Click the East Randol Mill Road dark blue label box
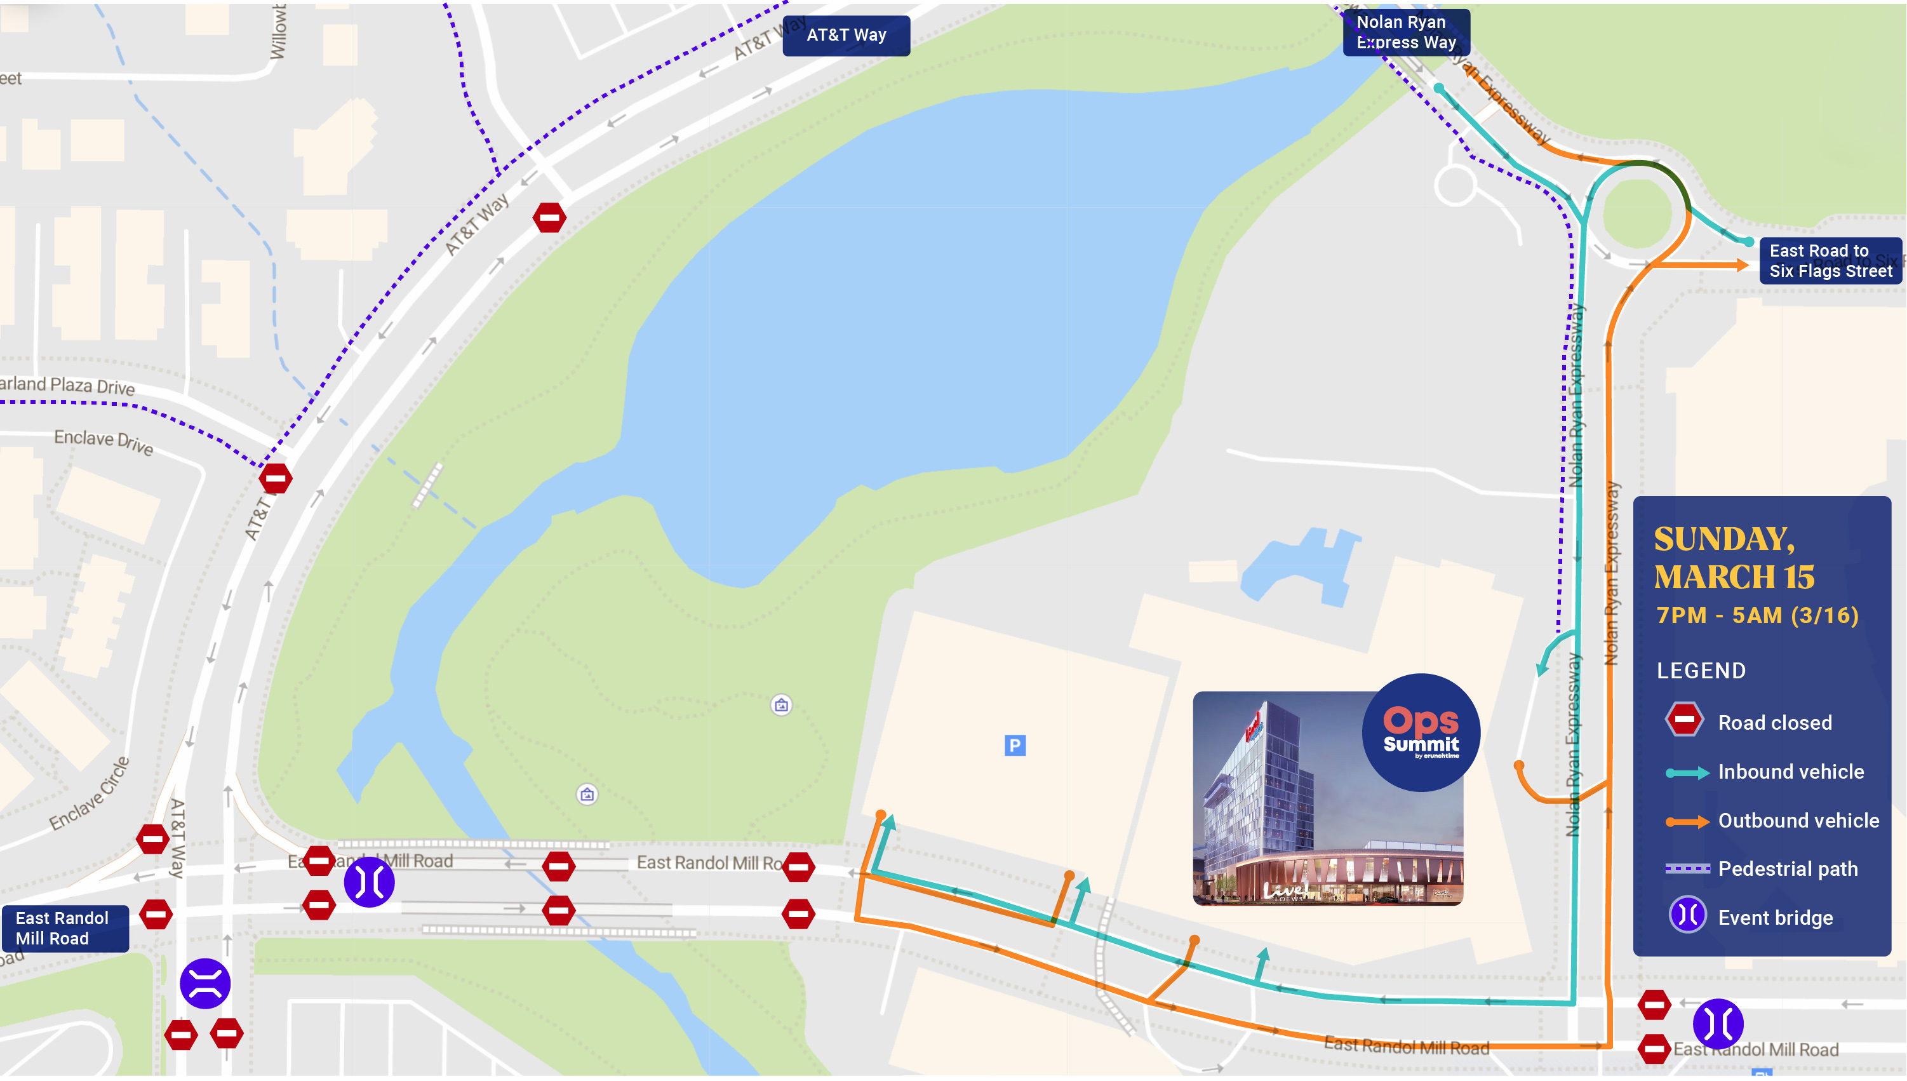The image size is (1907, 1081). [x=65, y=928]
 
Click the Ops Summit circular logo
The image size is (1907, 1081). [x=1420, y=732]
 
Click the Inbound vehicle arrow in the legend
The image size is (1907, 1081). [x=1687, y=772]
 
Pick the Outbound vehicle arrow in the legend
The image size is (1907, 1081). [x=1687, y=821]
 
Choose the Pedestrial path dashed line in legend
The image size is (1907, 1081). [x=1687, y=868]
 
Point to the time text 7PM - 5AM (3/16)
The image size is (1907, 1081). [x=1757, y=615]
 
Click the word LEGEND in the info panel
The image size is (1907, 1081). [x=1701, y=671]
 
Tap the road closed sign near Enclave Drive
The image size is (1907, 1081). [x=276, y=478]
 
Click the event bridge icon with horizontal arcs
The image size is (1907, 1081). [x=205, y=983]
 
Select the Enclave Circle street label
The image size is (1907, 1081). [x=90, y=794]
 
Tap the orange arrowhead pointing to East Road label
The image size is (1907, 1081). [x=1740, y=264]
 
